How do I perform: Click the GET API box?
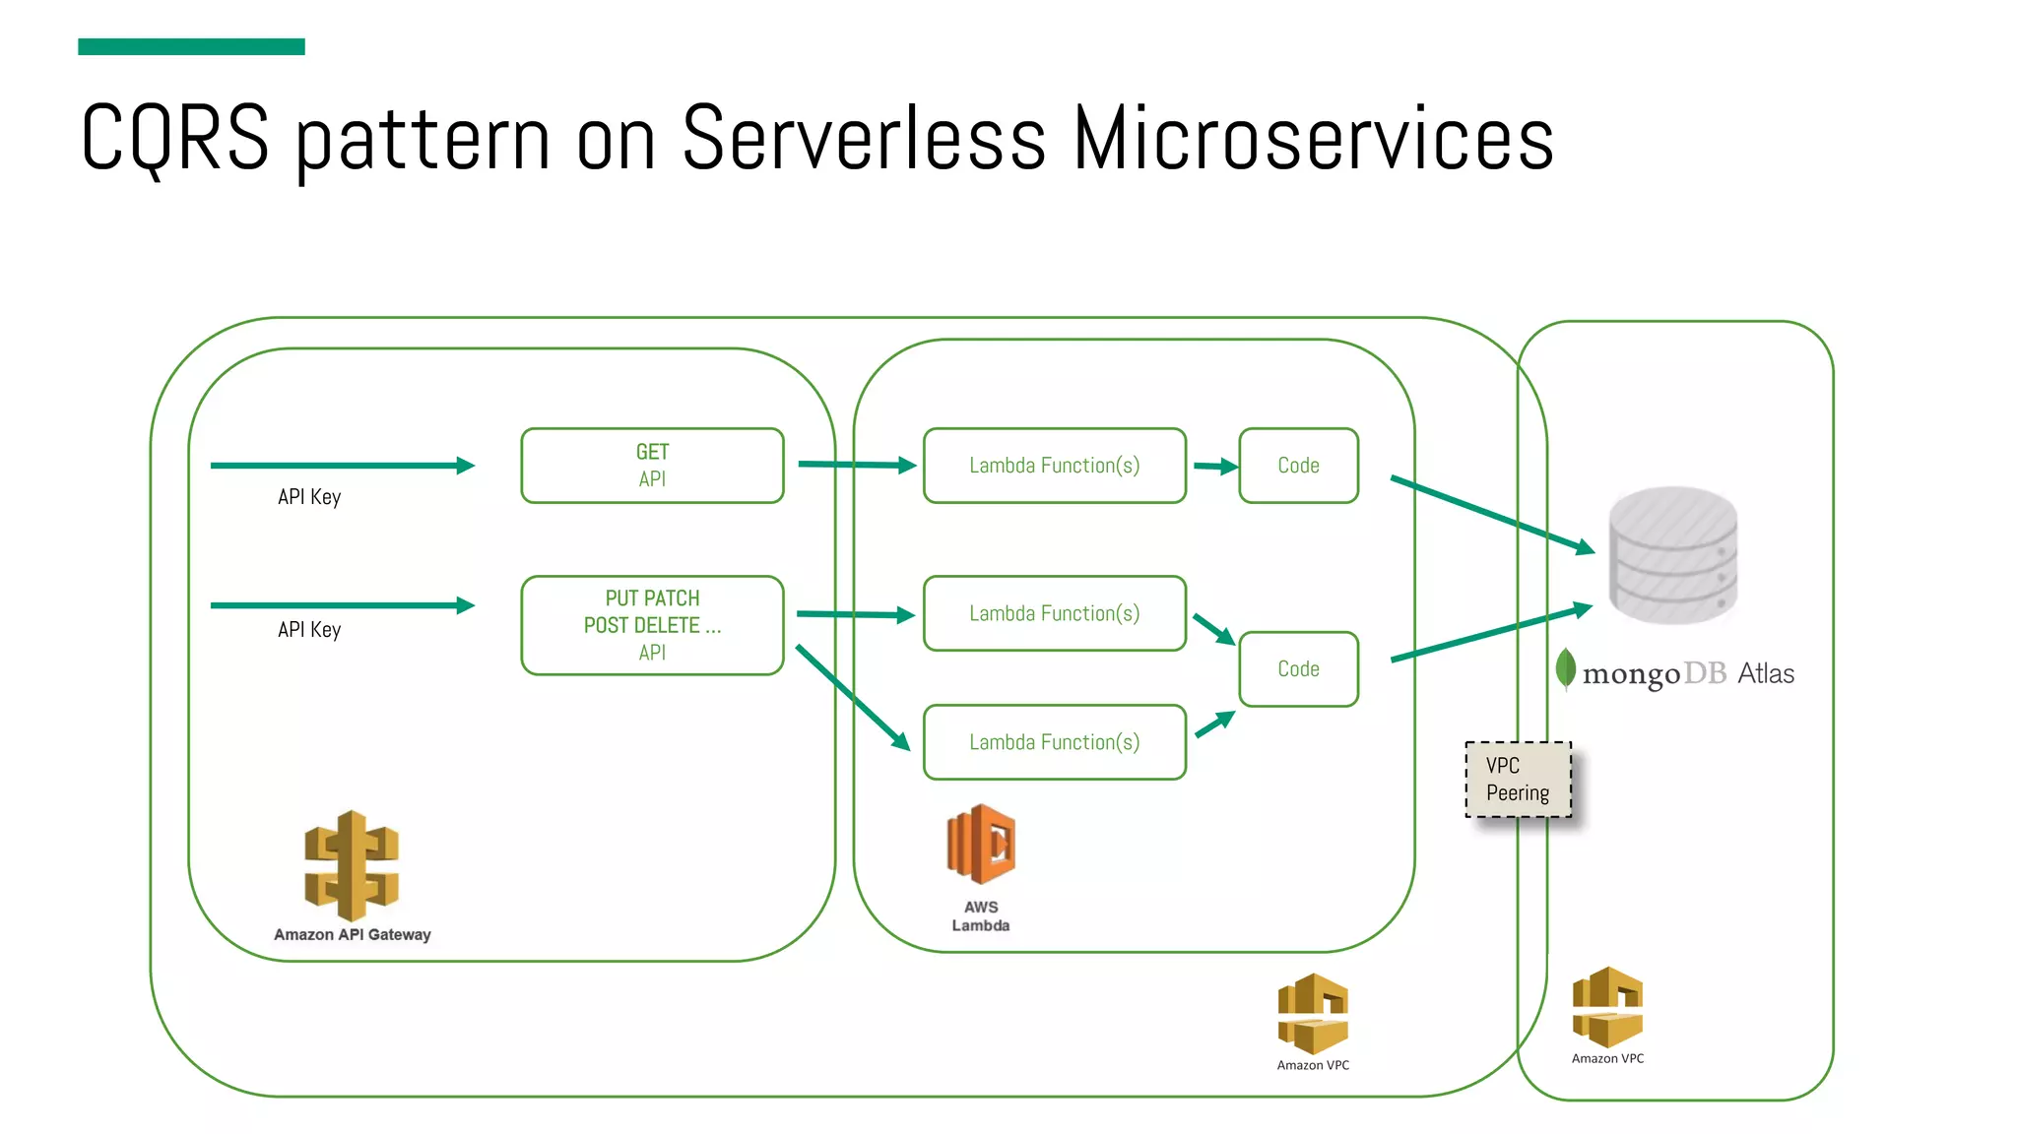click(652, 466)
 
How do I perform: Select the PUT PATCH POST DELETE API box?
click(652, 625)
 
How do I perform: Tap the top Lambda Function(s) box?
click(1054, 466)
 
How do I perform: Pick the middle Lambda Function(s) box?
click(1054, 613)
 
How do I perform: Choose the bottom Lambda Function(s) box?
click(1054, 742)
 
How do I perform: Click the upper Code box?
click(1298, 466)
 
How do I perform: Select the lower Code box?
click(1298, 669)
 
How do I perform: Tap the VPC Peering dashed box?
click(1518, 780)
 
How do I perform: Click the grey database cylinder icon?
click(1672, 555)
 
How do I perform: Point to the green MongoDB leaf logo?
click(1565, 669)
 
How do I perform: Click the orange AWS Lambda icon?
click(981, 844)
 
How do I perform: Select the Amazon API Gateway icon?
click(352, 865)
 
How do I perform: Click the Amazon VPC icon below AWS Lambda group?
click(1313, 1014)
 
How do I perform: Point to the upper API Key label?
click(309, 497)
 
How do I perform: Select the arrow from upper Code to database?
click(1491, 513)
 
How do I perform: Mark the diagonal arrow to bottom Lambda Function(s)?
click(851, 696)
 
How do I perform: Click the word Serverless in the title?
click(863, 138)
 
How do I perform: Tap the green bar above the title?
click(191, 46)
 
